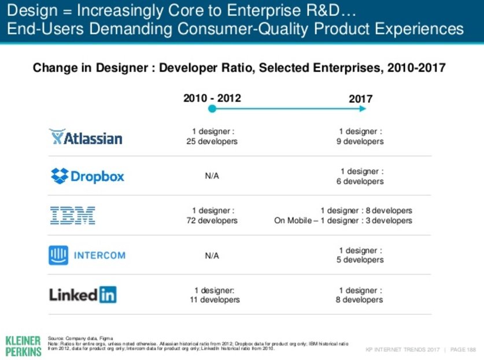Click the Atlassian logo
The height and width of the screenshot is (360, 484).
click(x=86, y=137)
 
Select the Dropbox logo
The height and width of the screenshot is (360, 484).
click(x=87, y=176)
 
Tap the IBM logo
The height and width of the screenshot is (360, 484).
click(x=72, y=216)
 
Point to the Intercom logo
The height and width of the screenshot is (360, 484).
click(x=87, y=255)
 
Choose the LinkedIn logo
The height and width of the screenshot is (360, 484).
click(x=83, y=295)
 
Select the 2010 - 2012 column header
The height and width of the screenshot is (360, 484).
click(x=212, y=98)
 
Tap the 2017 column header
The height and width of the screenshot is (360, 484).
click(x=360, y=99)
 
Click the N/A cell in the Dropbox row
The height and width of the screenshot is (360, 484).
click(x=212, y=176)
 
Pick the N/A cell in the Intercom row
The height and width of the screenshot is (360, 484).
click(x=212, y=255)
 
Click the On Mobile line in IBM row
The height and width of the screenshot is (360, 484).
click(x=343, y=221)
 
